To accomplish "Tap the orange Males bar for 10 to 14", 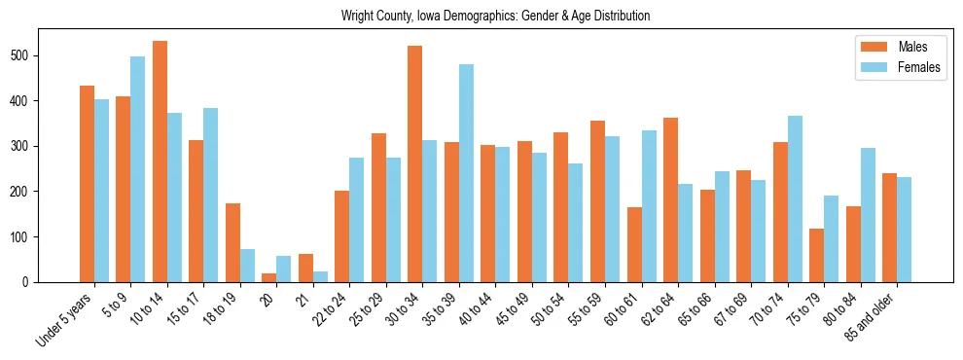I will click(x=160, y=162).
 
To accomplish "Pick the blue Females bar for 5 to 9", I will click(x=138, y=169).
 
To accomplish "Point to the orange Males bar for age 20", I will click(x=269, y=277).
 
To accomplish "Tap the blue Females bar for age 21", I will click(x=320, y=276).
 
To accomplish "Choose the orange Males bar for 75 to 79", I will click(x=816, y=255).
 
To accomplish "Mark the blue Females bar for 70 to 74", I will click(x=795, y=198).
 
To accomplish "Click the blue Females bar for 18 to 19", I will click(x=247, y=266).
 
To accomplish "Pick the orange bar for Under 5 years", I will click(x=87, y=184).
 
